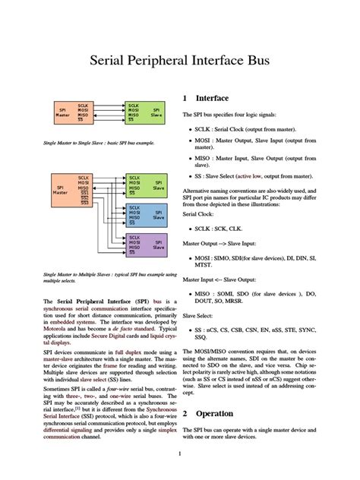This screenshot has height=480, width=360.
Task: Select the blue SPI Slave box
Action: pyautogui.click(x=146, y=216)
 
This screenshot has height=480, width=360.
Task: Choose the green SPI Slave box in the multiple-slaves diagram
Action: pyautogui.click(x=146, y=186)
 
